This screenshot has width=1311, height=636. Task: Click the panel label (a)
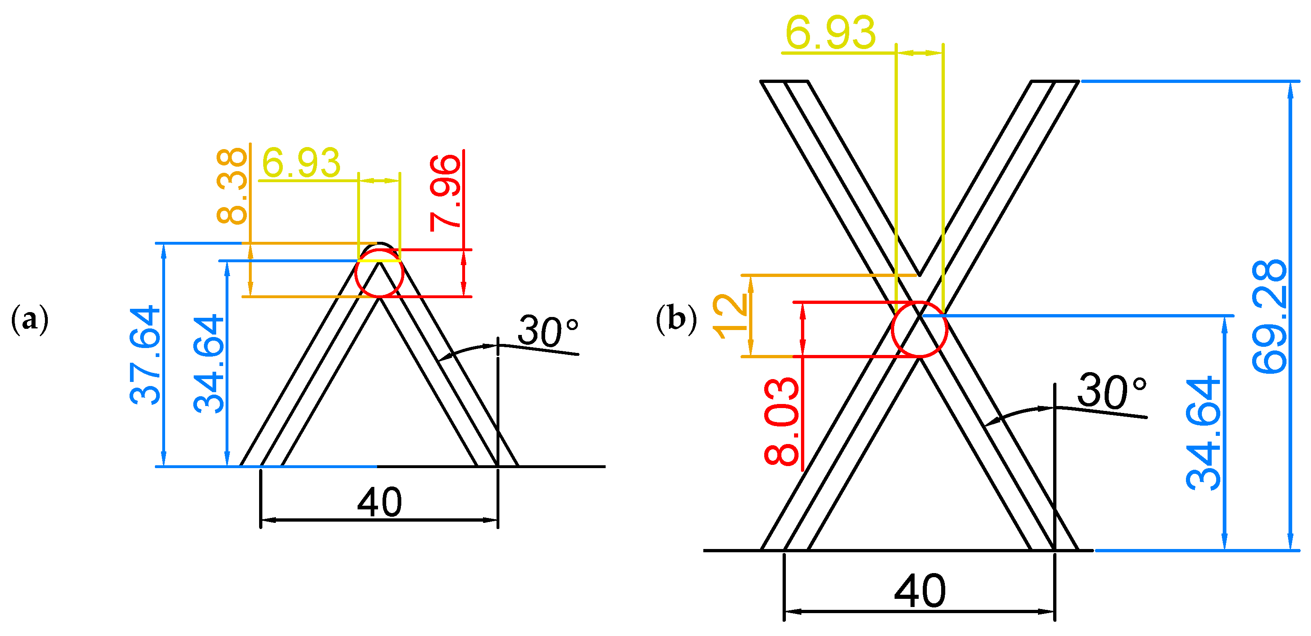(x=29, y=319)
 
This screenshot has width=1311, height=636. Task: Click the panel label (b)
(x=676, y=319)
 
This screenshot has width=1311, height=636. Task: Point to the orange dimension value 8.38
(x=232, y=186)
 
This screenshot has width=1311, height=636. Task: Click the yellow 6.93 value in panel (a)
(x=301, y=163)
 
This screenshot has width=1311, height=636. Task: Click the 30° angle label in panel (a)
(x=548, y=331)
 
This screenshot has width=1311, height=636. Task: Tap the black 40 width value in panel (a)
(x=380, y=502)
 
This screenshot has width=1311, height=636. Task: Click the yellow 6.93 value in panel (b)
(x=830, y=33)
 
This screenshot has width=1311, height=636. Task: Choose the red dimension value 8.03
(x=782, y=421)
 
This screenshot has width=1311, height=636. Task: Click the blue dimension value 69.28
(x=1269, y=317)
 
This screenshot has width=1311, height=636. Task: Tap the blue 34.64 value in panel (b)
(x=1204, y=433)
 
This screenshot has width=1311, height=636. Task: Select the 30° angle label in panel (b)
(x=1112, y=391)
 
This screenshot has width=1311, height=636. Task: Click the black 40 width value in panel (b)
(x=920, y=591)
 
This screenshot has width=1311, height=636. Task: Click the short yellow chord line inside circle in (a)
(x=379, y=261)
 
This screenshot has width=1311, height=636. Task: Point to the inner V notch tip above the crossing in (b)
(x=919, y=274)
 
